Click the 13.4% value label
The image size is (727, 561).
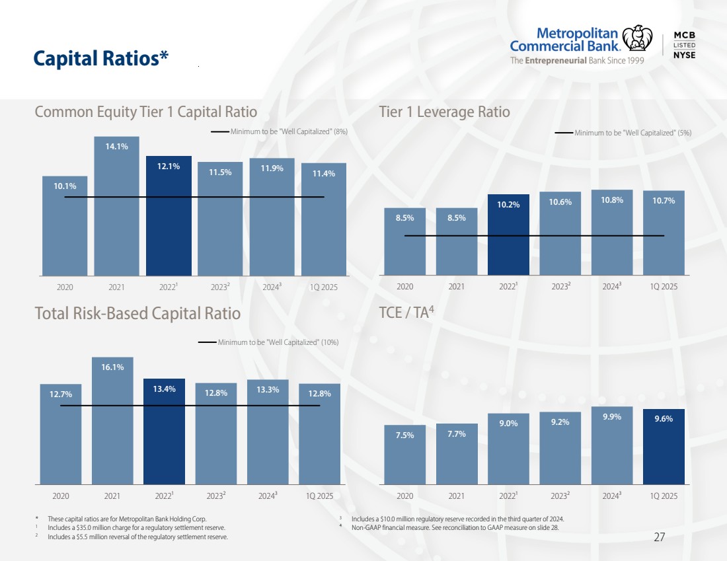click(x=164, y=389)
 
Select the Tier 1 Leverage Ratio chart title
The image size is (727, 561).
click(x=444, y=112)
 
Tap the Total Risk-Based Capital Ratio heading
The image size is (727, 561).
click(x=137, y=313)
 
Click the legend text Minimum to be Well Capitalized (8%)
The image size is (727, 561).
click(x=289, y=131)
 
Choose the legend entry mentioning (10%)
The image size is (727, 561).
click(x=278, y=342)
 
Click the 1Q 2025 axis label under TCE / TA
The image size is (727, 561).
click(x=664, y=495)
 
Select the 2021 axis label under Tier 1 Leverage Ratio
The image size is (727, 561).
click(x=456, y=287)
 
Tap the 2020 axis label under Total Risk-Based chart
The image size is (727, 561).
click(x=60, y=495)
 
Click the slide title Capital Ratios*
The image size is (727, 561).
click(x=101, y=59)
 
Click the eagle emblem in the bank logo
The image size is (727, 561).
click(x=637, y=38)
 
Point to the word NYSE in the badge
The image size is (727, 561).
click(x=684, y=55)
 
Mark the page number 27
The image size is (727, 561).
click(x=659, y=537)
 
